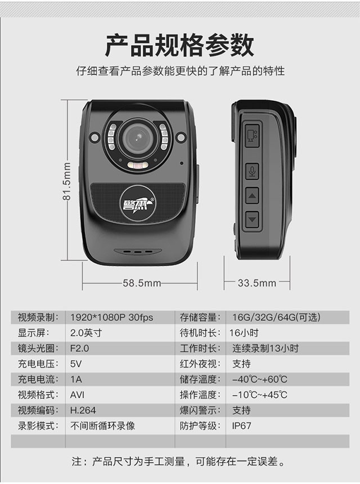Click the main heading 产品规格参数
point(179,46)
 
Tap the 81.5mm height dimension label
point(66,181)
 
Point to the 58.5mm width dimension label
point(142,283)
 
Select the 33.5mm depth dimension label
point(257,283)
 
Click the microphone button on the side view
point(252,171)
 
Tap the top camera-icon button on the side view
point(252,135)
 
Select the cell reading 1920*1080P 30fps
point(112,317)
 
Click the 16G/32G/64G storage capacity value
point(276,317)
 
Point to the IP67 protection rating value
point(241,426)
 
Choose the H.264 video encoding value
point(83,410)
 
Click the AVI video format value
point(77,395)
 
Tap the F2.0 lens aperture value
point(79,348)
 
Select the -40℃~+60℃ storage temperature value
point(260,379)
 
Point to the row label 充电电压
point(38,364)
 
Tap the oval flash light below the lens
point(138,166)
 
